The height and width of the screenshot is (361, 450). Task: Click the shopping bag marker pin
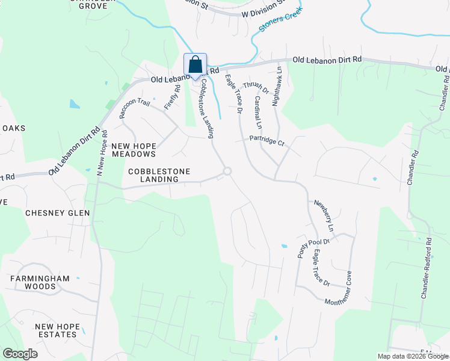195,65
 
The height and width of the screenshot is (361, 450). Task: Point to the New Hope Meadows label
134,150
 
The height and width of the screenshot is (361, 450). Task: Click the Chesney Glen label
57,213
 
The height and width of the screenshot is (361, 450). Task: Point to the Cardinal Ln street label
257,113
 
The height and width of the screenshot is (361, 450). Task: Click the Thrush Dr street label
256,88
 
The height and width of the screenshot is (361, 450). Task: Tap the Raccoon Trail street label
134,108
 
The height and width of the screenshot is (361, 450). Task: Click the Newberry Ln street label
323,215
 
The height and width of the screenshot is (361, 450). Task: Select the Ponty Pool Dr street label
315,247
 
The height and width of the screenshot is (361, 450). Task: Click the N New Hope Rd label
101,152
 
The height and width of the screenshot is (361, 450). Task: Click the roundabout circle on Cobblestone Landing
227,171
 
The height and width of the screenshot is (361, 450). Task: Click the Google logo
20,354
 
